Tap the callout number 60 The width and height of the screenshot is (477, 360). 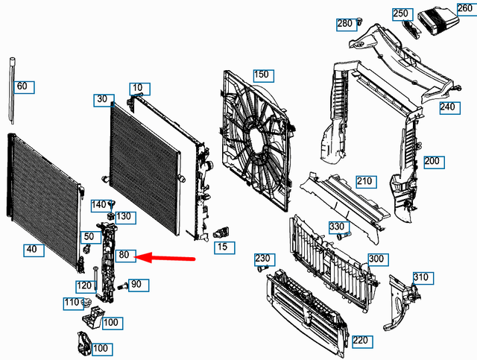tap(22, 87)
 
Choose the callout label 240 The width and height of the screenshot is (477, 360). tap(447, 107)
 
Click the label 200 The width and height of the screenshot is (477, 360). tap(434, 161)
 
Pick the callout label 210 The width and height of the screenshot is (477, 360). tap(364, 181)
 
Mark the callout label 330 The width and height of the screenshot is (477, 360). tap(337, 227)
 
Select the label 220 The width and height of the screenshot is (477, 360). tap(362, 341)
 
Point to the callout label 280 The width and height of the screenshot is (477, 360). tap(344, 24)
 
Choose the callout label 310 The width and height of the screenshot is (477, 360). tap(421, 278)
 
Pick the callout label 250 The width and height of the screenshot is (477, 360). tap(402, 13)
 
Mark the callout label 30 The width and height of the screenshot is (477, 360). tap(103, 99)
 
